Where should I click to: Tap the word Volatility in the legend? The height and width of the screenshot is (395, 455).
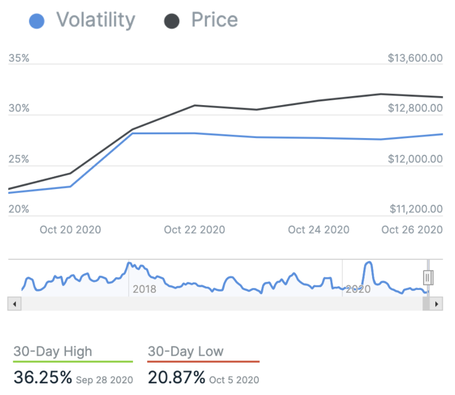coord(96,20)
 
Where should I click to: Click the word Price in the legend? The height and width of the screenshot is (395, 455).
coord(215,20)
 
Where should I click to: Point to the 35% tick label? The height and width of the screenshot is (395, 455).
coord(19,58)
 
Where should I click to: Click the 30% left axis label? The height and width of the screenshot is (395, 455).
coord(19,109)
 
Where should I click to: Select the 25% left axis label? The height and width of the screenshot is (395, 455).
coord(19,159)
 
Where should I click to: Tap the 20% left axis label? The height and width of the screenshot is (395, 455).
coord(19,209)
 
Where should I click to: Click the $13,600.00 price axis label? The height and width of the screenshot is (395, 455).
coord(415,58)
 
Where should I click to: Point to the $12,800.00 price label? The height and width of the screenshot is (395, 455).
coord(415,109)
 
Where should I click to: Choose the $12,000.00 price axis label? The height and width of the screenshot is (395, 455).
coord(415,159)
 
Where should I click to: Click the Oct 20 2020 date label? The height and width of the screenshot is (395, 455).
coord(70,230)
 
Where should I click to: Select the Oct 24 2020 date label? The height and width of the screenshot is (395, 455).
coord(318,230)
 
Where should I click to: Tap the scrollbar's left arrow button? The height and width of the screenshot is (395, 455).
coord(14,304)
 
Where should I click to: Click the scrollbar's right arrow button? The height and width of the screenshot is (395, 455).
coord(436,304)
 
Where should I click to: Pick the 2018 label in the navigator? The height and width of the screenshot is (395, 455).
coord(145,289)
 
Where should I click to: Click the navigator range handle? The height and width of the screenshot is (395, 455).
coord(428,277)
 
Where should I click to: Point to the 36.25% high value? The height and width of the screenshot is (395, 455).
coord(43,377)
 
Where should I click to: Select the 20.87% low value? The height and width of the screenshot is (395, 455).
coord(176,377)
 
